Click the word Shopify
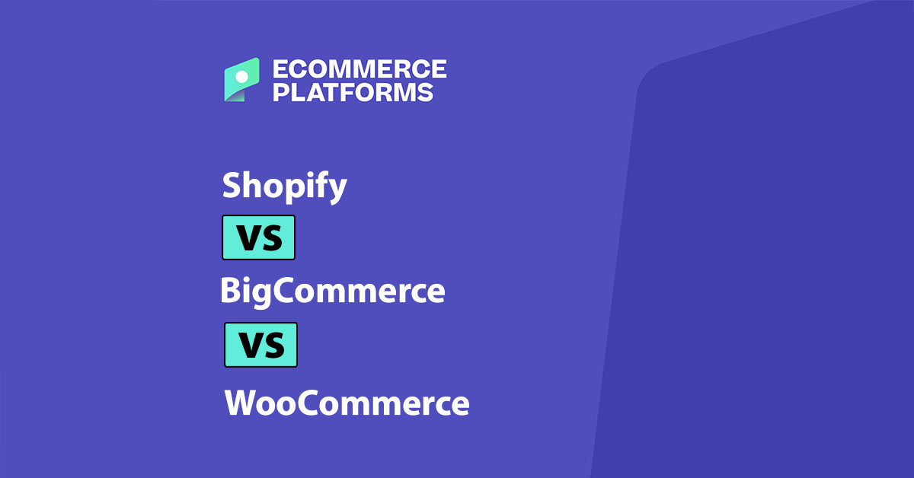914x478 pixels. point(284,186)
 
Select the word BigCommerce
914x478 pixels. point(332,292)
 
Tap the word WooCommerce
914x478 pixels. point(347,403)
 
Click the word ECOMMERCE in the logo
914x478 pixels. point(360,71)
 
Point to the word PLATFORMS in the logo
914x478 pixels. point(353,93)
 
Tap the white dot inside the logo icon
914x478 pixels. point(241,76)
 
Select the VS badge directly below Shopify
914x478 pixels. point(258,237)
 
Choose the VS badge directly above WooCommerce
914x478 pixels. point(260,345)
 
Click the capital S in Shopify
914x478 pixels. point(231,185)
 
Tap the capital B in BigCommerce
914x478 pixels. point(230,291)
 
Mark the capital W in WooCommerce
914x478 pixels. point(241,403)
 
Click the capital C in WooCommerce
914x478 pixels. point(307,403)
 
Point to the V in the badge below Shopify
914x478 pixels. point(247,237)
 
